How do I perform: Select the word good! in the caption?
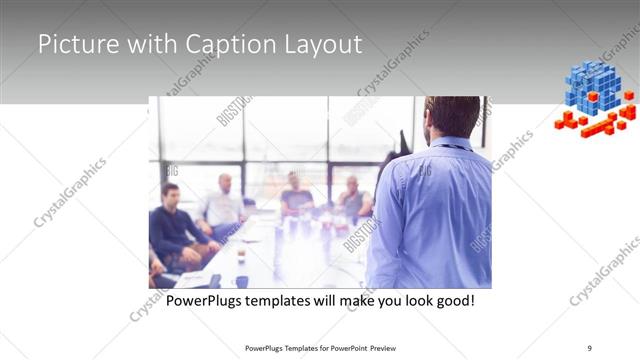pyautogui.click(x=452, y=300)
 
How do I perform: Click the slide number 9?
pyautogui.click(x=590, y=348)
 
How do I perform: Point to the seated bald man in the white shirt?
pyautogui.click(x=224, y=203)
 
